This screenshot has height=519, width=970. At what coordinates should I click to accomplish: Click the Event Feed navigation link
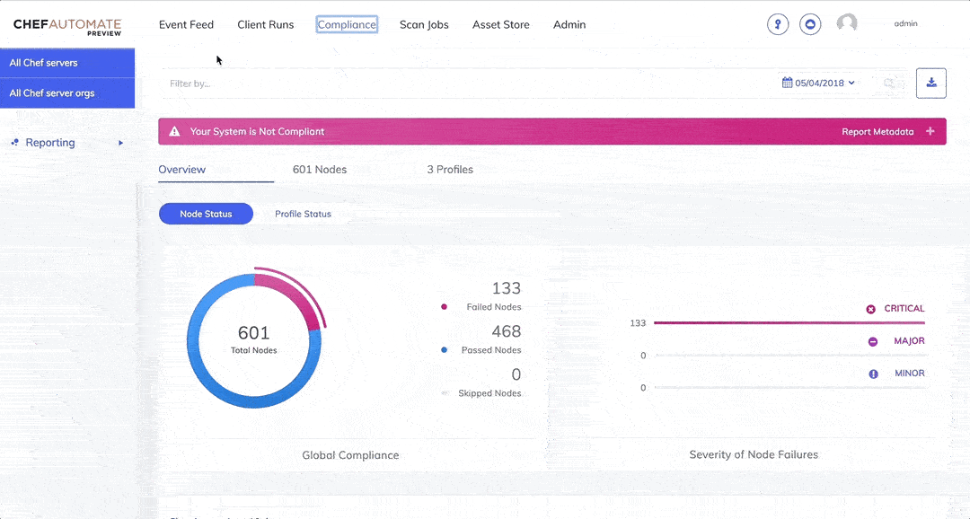point(186,24)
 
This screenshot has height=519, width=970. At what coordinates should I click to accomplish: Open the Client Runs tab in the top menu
point(265,24)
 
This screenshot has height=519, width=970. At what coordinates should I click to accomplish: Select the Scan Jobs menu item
point(424,24)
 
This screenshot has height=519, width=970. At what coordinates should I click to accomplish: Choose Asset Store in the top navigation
point(500,24)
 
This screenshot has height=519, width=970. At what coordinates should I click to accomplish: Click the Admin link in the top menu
point(569,24)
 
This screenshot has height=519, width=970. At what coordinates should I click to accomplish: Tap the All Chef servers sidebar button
point(67,63)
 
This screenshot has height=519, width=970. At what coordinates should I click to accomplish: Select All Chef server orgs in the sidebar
point(67,93)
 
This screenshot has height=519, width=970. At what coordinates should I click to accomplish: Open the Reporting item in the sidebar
point(50,143)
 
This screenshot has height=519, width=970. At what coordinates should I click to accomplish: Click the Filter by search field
point(359,84)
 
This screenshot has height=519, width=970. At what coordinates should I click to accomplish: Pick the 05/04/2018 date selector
point(818,83)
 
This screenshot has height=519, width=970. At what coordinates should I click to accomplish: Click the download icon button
point(931,83)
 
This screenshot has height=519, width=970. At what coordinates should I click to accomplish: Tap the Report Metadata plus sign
point(930,132)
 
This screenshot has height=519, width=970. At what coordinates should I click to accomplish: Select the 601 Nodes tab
point(320,170)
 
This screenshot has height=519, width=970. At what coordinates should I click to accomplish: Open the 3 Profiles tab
point(450,170)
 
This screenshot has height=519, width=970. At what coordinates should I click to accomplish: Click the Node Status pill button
point(206,214)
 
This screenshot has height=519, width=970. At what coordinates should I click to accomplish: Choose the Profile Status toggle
point(303,214)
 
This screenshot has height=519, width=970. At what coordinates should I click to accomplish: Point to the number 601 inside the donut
point(253,333)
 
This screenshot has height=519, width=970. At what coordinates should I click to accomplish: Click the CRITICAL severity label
point(904,309)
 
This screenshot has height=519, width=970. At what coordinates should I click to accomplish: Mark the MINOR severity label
point(909,374)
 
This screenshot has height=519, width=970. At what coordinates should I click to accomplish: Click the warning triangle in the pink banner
point(175,132)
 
